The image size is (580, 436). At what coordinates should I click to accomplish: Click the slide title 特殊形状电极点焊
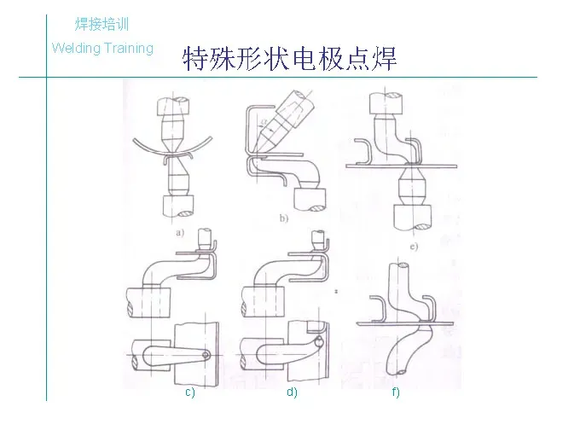click(289, 60)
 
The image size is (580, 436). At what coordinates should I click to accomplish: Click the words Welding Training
click(102, 48)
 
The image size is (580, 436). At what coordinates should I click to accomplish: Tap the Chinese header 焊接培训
click(102, 24)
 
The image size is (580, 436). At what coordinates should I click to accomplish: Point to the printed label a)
click(179, 231)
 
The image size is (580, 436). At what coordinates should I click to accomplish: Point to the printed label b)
click(284, 218)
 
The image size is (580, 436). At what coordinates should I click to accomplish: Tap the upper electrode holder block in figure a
click(177, 108)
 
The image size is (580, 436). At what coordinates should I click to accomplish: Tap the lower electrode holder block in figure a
click(178, 205)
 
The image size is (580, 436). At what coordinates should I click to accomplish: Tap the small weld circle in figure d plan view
click(318, 343)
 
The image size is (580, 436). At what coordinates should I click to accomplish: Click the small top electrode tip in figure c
click(205, 236)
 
